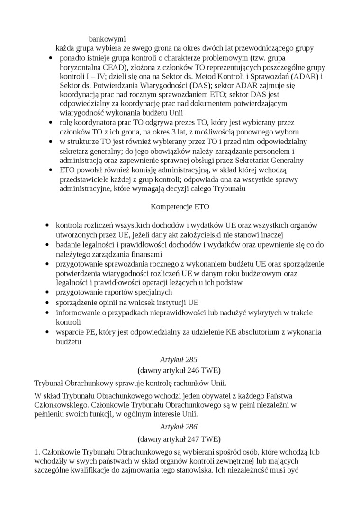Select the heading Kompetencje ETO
[x=180, y=206]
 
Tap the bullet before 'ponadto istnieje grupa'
[x=51, y=58]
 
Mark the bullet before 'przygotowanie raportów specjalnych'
[x=47, y=293]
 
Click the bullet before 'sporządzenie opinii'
[x=47, y=303]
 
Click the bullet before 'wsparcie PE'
[x=47, y=332]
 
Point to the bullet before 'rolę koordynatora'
[x=51, y=122]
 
